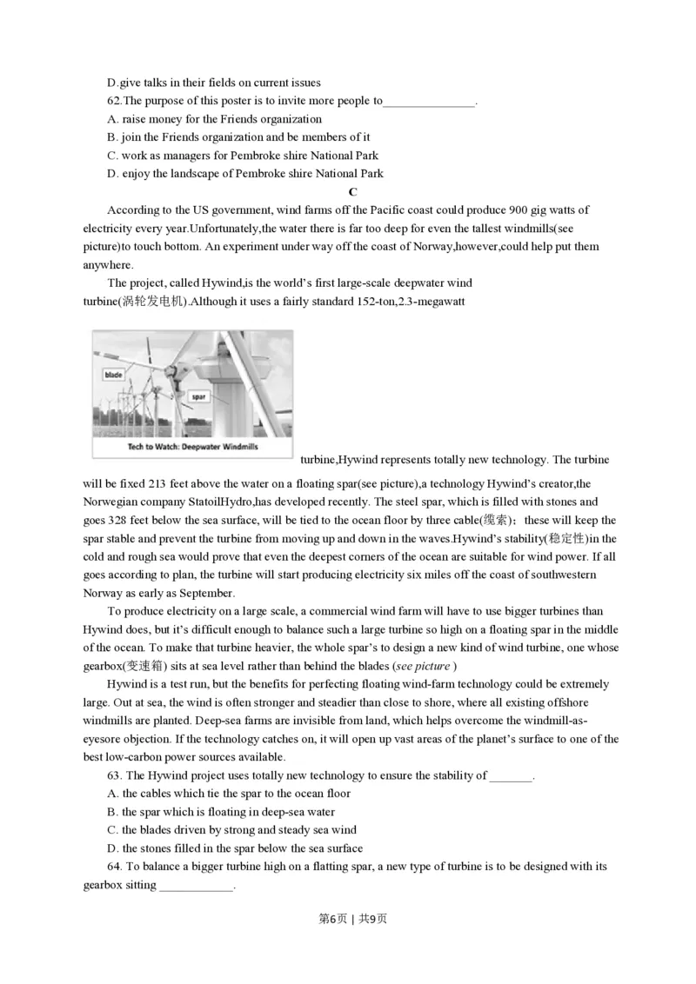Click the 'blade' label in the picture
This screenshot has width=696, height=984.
113,375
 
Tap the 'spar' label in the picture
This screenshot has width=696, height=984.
197,397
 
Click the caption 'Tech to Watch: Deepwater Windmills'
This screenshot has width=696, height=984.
191,448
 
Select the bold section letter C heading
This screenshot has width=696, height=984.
352,192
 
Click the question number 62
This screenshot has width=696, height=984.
114,101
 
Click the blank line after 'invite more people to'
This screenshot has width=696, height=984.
429,103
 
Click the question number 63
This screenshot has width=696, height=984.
115,775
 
